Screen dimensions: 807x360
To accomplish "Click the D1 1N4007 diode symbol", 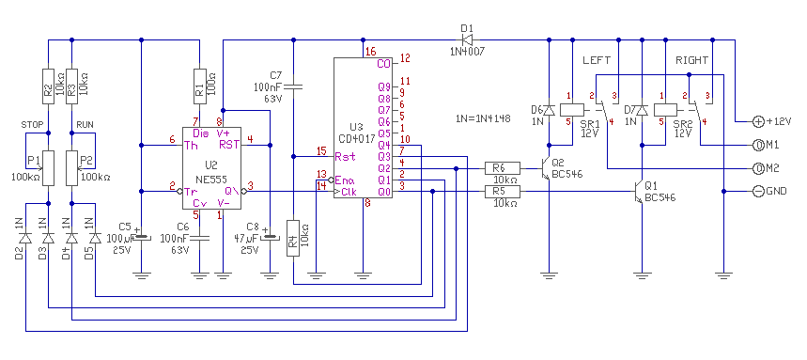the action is [x=468, y=39].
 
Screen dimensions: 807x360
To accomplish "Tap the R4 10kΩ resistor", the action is [x=293, y=238].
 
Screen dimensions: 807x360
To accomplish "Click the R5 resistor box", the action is [x=503, y=192].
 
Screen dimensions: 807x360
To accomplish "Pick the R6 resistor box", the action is [x=503, y=168].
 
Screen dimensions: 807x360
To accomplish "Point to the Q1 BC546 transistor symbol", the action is [x=639, y=193].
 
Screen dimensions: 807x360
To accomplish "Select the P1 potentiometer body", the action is [x=48, y=168].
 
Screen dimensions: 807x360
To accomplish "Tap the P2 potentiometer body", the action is [x=72, y=168].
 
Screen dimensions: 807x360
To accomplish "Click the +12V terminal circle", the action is [x=759, y=121].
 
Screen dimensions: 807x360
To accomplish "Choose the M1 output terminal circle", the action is [x=759, y=146].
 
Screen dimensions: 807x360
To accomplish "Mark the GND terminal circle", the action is [x=759, y=192].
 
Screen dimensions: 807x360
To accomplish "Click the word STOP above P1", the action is [x=30, y=124].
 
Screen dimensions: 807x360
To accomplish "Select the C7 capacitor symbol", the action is [x=293, y=86].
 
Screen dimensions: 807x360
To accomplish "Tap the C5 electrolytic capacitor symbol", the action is [x=141, y=236].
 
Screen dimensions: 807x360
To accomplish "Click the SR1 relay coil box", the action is [x=572, y=110].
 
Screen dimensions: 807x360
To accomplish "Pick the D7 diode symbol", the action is [x=642, y=110].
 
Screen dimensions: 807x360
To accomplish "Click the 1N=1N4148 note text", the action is [x=483, y=117].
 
